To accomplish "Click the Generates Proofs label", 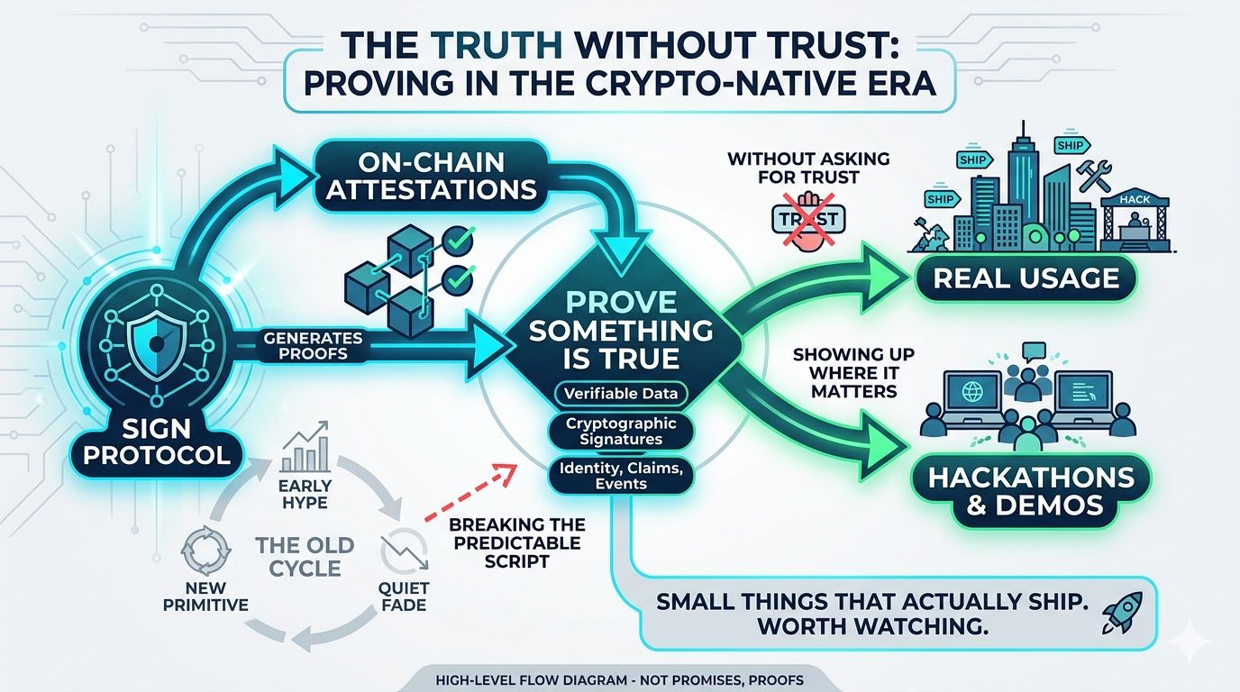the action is point(314,346).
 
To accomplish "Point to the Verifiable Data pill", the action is point(622,393).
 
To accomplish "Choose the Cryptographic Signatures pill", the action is point(622,431).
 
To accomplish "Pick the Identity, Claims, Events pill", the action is point(622,475).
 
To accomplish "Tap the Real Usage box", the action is point(1026,277).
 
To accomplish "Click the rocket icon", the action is point(1123,613).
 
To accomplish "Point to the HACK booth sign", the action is point(1133,200).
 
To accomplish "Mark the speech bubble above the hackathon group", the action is point(1034,351).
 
